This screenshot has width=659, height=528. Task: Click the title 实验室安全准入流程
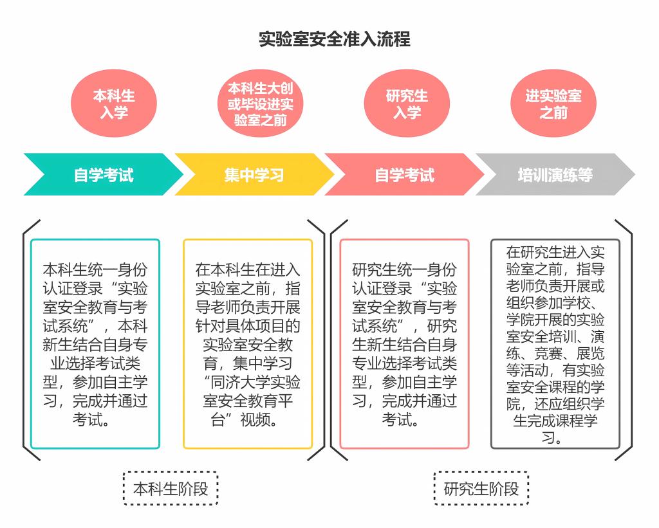coord(335,39)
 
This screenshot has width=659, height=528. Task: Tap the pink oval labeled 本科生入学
coord(114,104)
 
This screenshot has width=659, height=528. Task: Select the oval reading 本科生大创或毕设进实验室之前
coord(260,104)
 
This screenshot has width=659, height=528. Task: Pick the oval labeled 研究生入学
coord(407,104)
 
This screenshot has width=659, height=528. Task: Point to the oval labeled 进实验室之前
coord(553,104)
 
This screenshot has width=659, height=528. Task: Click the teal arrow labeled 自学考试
coord(104,174)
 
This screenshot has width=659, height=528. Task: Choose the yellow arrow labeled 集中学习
coord(254,174)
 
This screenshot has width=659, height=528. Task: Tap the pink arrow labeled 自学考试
coord(405,174)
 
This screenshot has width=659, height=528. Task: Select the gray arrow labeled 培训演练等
coord(555,174)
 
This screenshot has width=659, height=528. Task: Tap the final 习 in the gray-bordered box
coord(548,438)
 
